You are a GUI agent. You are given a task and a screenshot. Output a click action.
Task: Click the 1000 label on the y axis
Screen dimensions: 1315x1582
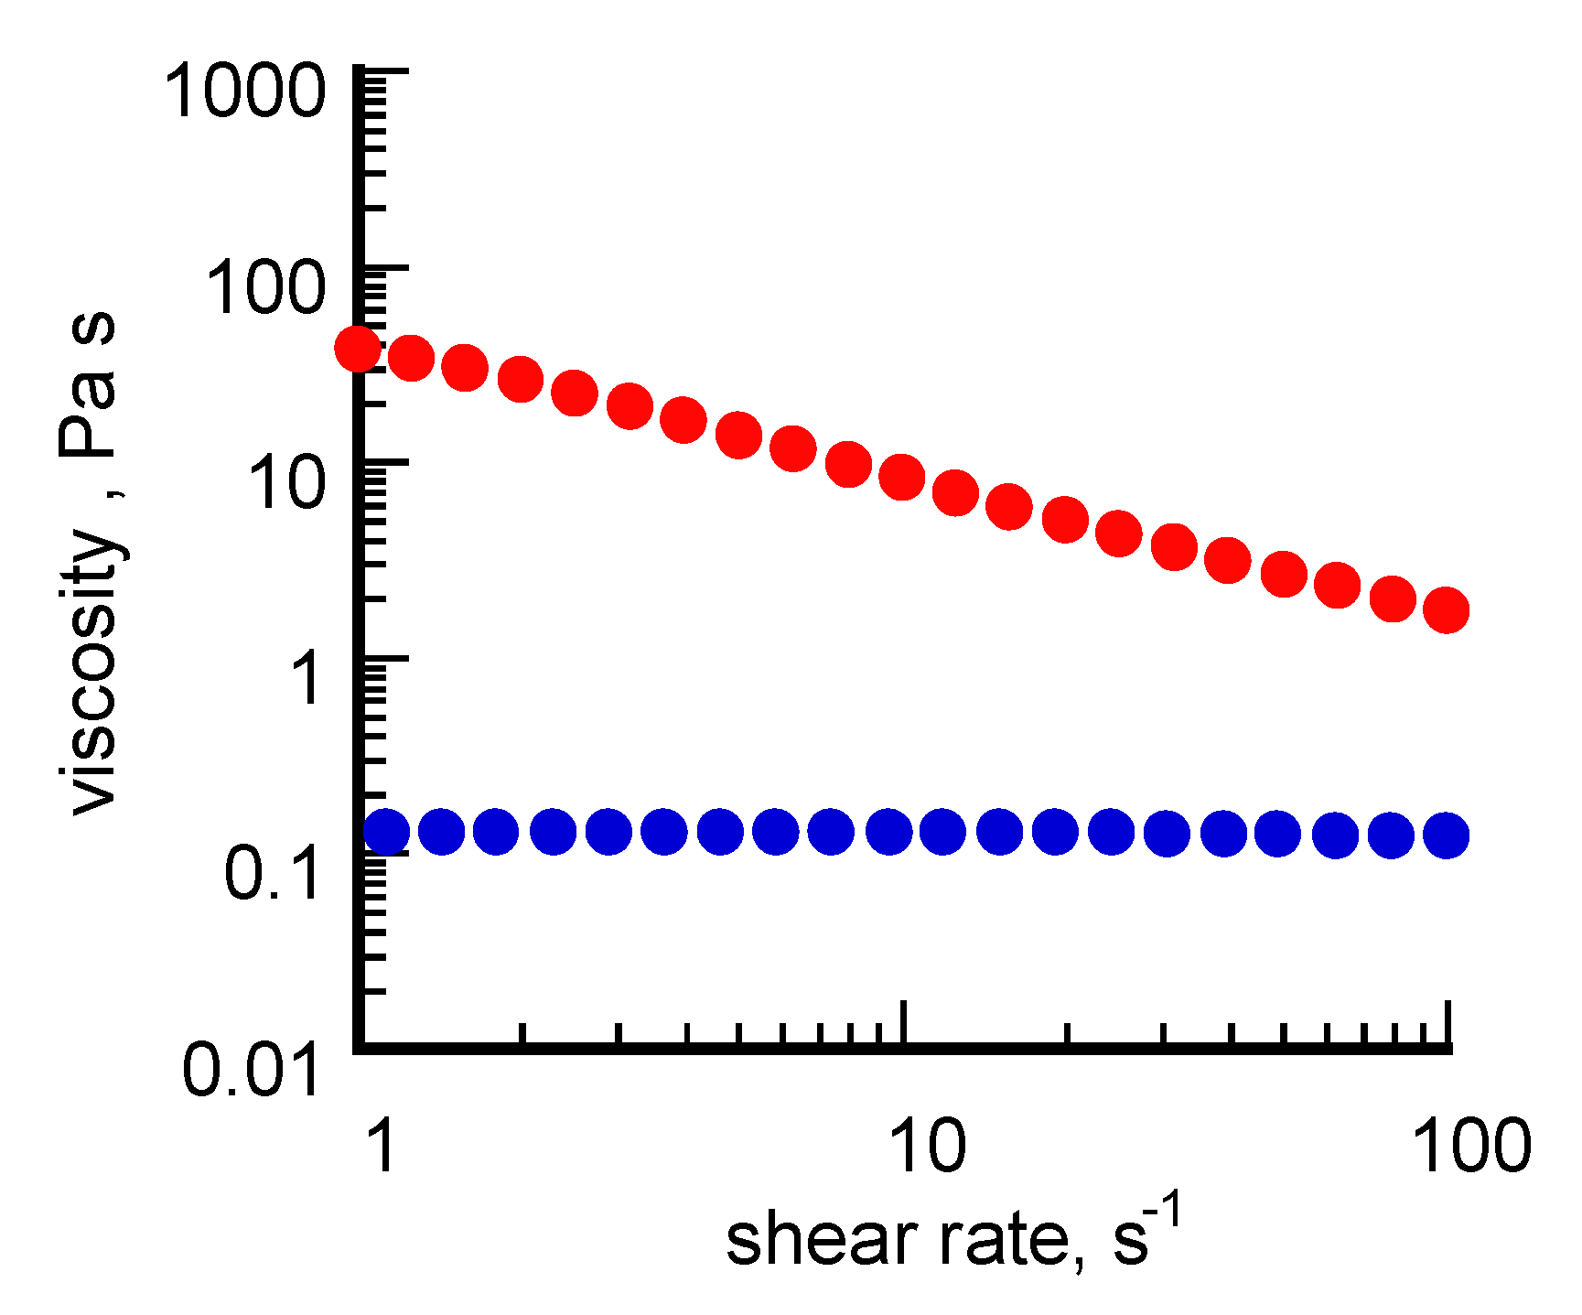[x=244, y=92]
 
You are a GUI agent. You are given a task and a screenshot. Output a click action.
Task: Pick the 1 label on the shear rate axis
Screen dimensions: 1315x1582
[x=382, y=1145]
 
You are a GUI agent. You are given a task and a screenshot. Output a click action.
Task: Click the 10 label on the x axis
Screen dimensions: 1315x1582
[x=927, y=1145]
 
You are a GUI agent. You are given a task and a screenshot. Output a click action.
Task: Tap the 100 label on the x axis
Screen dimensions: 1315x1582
[x=1471, y=1145]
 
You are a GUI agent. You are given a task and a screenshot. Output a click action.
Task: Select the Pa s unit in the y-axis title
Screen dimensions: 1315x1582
[x=88, y=384]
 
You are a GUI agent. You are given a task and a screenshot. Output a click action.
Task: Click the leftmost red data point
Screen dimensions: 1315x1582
[x=358, y=348]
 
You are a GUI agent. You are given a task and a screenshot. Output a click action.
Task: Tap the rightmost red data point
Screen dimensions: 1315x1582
[x=1447, y=610]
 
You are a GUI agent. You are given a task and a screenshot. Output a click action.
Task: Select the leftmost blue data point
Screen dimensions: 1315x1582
[x=386, y=832]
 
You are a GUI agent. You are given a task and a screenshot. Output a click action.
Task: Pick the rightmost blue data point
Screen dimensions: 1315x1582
[x=1447, y=835]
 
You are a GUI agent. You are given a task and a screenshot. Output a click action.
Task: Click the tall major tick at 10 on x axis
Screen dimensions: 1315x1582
[x=904, y=1023]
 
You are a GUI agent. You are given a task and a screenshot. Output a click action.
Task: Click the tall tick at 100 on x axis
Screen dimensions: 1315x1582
[x=1447, y=1023]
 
